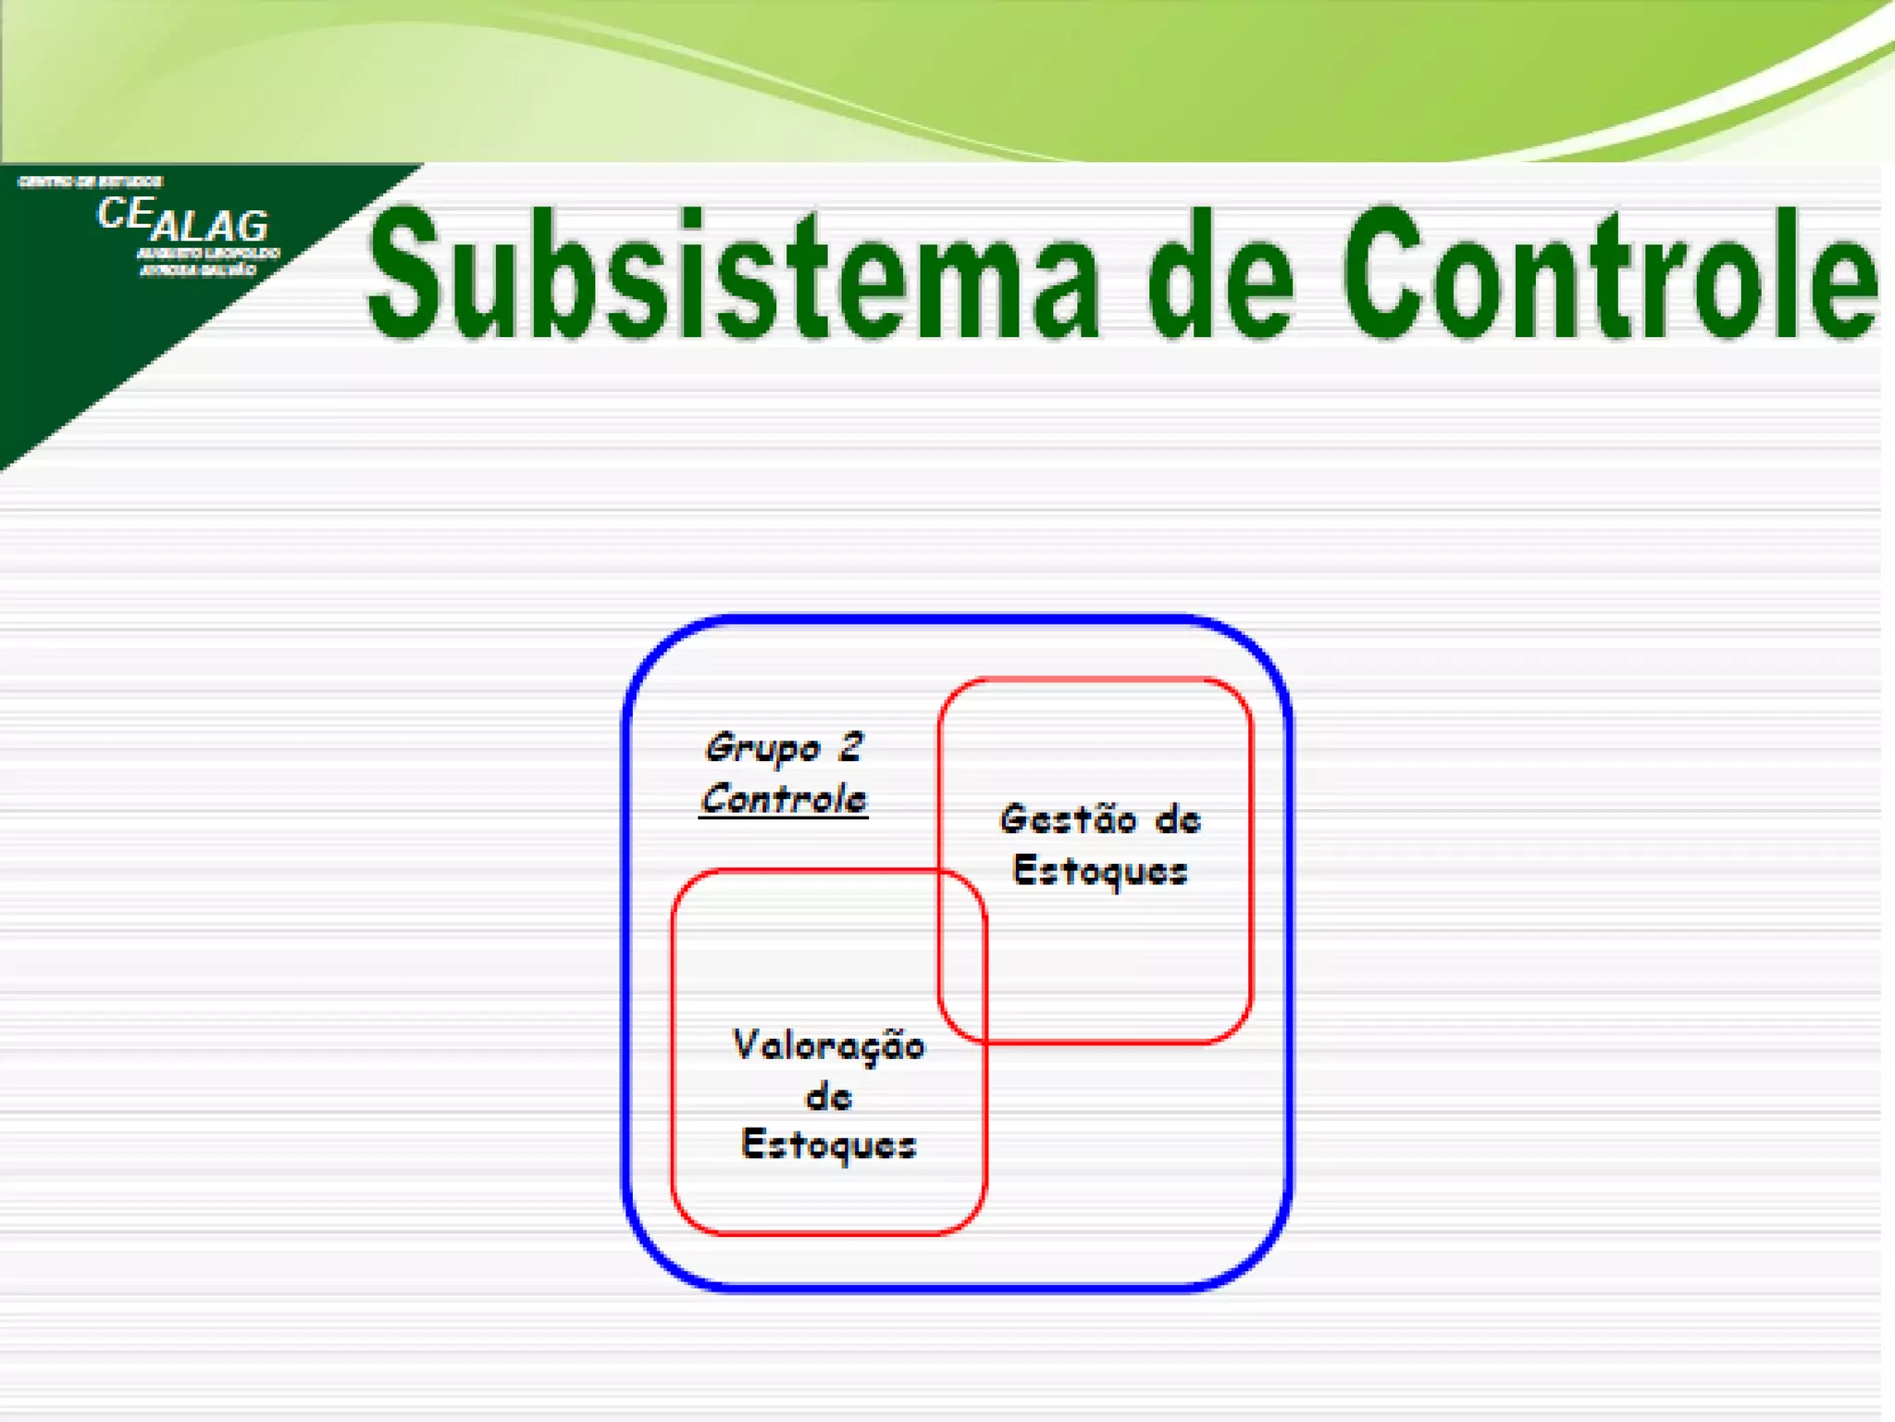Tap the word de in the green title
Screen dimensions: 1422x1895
pyautogui.click(x=1220, y=275)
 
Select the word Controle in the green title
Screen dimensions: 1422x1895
pyautogui.click(x=1610, y=275)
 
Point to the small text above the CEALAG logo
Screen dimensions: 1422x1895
pyautogui.click(x=91, y=181)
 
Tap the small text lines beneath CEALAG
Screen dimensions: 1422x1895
pyautogui.click(x=207, y=262)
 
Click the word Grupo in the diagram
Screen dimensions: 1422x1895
pyautogui.click(x=762, y=748)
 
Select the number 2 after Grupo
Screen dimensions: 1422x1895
pyautogui.click(x=850, y=746)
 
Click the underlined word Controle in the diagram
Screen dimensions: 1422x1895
pyautogui.click(x=784, y=799)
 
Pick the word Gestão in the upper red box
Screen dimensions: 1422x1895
pyautogui.click(x=1068, y=820)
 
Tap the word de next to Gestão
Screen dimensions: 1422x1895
pyautogui.click(x=1178, y=820)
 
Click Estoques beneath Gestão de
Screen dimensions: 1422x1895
pyautogui.click(x=1100, y=871)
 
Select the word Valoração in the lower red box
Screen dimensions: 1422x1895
pyautogui.click(x=828, y=1046)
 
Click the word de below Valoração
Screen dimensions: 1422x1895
pyautogui.click(x=828, y=1097)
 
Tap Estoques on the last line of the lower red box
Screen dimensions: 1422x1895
pyautogui.click(x=828, y=1146)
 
